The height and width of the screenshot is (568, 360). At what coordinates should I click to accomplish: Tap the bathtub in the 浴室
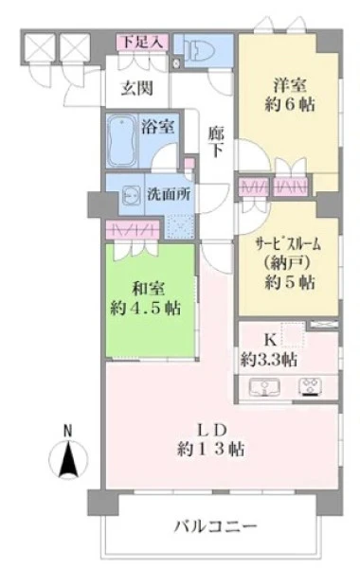(122, 141)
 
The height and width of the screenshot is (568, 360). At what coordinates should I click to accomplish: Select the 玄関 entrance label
(136, 88)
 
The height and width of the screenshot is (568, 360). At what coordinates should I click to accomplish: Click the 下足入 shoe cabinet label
(142, 42)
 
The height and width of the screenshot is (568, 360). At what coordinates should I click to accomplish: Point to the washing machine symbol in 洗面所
(131, 194)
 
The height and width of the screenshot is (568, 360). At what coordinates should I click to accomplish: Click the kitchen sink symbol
(264, 387)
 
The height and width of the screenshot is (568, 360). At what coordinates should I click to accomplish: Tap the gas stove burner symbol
(311, 387)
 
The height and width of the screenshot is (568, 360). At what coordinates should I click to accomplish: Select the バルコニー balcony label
(215, 526)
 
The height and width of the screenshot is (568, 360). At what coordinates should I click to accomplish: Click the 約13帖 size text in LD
(210, 449)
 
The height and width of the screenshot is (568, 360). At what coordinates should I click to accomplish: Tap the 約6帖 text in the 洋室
(289, 105)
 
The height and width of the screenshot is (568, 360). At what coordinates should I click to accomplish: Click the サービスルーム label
(288, 245)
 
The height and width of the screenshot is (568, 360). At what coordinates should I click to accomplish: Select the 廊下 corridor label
(216, 142)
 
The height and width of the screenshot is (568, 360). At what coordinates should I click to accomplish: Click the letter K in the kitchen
(269, 340)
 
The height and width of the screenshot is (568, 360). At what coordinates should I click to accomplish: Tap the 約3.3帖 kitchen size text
(269, 360)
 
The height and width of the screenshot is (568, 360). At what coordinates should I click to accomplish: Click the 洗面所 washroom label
(169, 194)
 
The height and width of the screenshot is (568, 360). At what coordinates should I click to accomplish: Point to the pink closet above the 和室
(133, 230)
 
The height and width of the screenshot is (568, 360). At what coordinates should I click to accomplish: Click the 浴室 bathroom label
(157, 127)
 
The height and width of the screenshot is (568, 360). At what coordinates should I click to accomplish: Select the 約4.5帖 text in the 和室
(145, 309)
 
